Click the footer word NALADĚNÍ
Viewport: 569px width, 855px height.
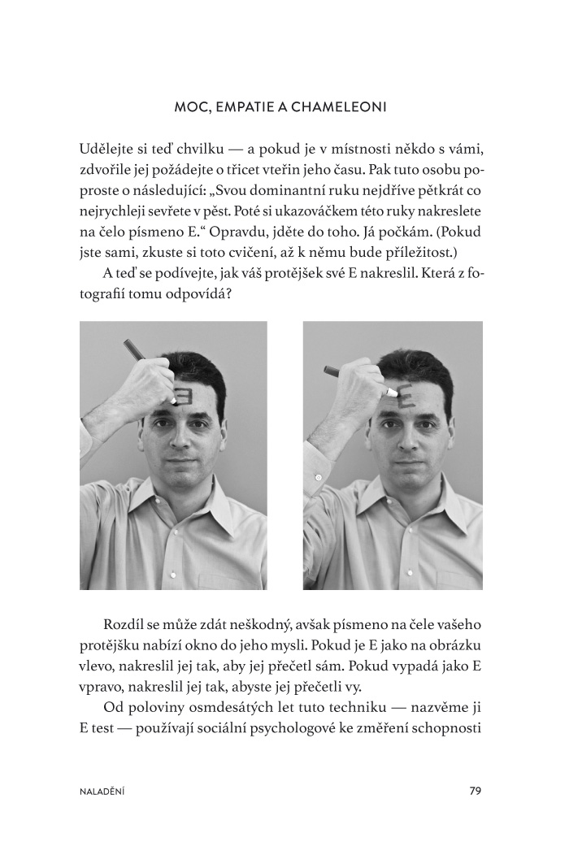click(x=102, y=790)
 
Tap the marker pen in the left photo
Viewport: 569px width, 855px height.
click(x=137, y=350)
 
